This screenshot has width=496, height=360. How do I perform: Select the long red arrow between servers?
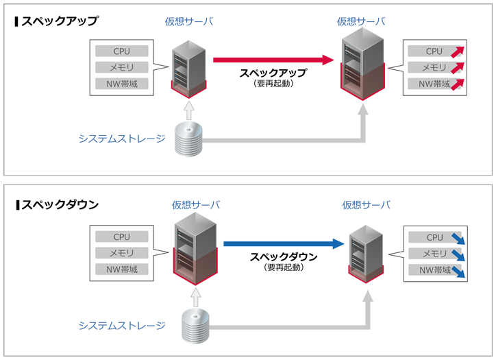(274, 60)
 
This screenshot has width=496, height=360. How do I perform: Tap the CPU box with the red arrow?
(435, 51)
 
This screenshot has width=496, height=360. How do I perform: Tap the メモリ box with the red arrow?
(435, 68)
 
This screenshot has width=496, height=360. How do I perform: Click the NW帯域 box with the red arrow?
(435, 84)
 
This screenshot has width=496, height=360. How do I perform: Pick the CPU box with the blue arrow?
(436, 237)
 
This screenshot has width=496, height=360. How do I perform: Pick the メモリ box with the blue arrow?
(436, 254)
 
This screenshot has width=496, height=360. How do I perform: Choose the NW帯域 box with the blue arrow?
(436, 270)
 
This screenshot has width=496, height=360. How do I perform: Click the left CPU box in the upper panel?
(122, 51)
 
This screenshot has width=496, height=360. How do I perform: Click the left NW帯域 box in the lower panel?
(122, 269)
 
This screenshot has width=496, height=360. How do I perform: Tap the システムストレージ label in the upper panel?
(122, 139)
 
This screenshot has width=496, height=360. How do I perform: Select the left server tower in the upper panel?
(188, 69)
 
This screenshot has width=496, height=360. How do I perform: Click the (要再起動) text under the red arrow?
(273, 83)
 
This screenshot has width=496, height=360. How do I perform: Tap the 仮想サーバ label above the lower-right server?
(366, 204)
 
